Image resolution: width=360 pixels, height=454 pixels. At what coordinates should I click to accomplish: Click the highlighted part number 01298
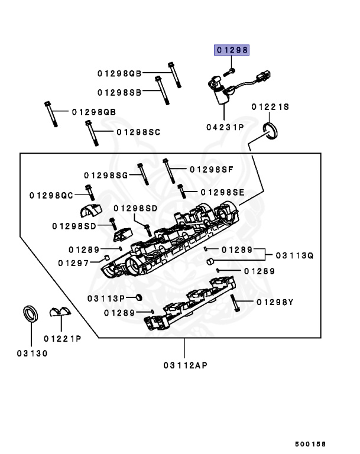tap(231, 51)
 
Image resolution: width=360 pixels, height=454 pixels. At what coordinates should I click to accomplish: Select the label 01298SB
tap(119, 92)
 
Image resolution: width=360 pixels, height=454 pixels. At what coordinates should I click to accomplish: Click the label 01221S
tap(270, 107)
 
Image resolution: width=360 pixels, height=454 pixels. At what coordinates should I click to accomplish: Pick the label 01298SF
tap(212, 169)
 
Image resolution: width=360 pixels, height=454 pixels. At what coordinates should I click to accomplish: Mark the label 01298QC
tap(51, 194)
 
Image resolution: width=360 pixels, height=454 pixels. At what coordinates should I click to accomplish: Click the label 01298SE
tap(222, 192)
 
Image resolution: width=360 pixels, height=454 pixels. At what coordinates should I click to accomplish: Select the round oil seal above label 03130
tap(31, 313)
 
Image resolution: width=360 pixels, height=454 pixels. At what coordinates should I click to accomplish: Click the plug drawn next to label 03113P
tap(138, 296)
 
